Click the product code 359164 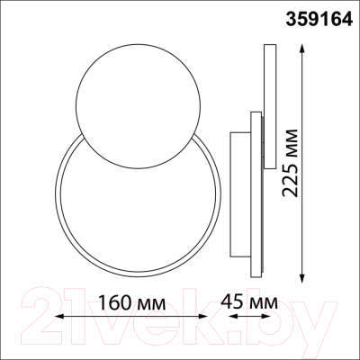(319, 20)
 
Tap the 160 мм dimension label (132, 303)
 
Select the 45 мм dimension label (249, 302)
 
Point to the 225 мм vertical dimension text (290, 163)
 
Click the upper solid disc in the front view (138, 106)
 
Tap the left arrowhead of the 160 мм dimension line (60, 316)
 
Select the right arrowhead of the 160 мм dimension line (202, 316)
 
